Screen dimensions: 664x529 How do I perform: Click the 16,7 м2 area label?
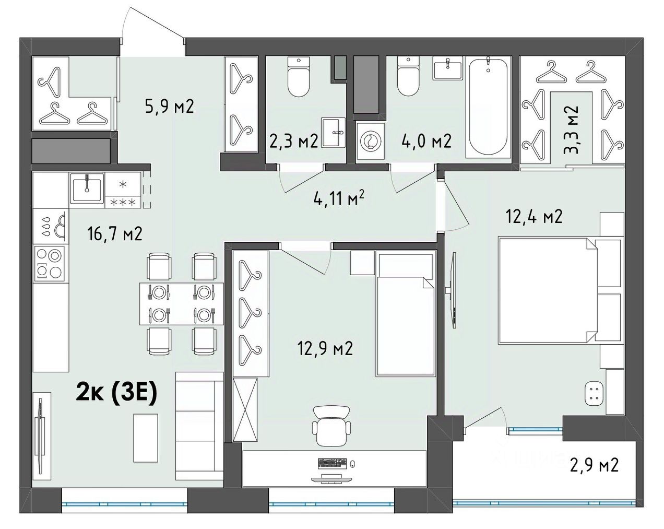pos(115,233)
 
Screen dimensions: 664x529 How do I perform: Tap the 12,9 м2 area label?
pos(325,348)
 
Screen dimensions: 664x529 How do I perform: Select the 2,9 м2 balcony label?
pos(594,465)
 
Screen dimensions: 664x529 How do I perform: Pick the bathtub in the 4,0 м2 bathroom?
pos(488,105)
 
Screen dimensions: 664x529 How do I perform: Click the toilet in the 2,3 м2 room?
pos(299,77)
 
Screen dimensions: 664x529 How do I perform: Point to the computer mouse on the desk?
pos(353,463)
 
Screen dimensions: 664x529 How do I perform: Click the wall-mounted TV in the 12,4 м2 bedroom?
pos(453,290)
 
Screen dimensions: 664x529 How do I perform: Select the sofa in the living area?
pos(199,426)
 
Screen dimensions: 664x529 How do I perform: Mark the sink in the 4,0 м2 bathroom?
pos(448,68)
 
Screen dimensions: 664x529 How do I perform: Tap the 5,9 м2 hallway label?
pos(169,106)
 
